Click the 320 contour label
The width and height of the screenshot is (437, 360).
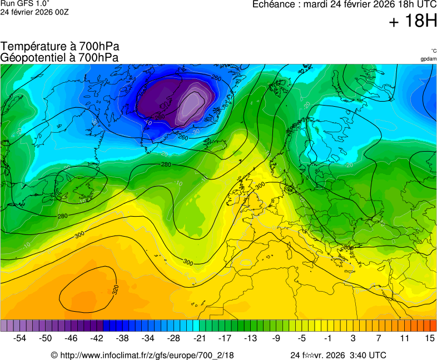116,290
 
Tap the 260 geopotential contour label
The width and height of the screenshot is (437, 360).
183,137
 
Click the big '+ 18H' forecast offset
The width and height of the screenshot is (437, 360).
413,21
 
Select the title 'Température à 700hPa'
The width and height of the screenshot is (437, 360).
60,47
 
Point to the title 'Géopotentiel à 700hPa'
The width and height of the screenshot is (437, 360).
59,57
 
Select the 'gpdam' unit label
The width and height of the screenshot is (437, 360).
428,58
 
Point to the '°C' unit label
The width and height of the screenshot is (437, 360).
433,51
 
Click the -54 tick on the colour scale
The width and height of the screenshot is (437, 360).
20,338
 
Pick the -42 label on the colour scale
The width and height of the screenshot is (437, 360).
97,338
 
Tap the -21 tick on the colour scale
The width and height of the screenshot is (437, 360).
199,338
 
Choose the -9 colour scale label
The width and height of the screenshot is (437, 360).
276,338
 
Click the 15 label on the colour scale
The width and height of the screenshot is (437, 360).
429,338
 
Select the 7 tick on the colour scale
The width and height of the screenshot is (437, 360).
378,338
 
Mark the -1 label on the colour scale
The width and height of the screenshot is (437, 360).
327,338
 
